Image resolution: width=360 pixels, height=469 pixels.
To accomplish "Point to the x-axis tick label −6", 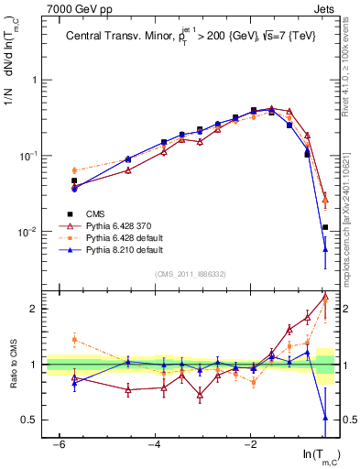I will pyautogui.click(x=59, y=444).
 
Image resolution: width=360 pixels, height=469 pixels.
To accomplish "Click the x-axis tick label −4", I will pyautogui.click(x=155, y=444).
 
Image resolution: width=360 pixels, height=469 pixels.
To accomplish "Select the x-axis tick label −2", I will pyautogui.click(x=251, y=444).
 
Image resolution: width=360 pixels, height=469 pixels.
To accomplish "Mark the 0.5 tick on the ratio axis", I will pyautogui.click(x=29, y=420).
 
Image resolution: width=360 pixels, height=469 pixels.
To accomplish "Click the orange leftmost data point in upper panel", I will pyautogui.click(x=74, y=169).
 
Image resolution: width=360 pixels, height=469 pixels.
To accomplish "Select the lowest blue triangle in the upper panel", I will pyautogui.click(x=325, y=248).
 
